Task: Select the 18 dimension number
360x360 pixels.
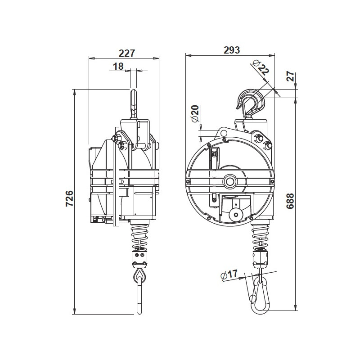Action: [x=118, y=66]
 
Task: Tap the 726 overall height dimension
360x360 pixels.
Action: [x=69, y=198]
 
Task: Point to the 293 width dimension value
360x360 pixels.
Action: [x=231, y=49]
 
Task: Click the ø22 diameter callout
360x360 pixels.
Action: [x=261, y=68]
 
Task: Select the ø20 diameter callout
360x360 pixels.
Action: [x=195, y=113]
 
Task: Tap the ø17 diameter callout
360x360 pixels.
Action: [x=230, y=275]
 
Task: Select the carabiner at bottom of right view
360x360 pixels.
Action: [x=260, y=296]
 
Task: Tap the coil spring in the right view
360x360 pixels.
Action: [x=260, y=237]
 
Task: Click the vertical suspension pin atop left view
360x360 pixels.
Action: [x=134, y=103]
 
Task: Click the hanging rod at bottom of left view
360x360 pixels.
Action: [x=139, y=299]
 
